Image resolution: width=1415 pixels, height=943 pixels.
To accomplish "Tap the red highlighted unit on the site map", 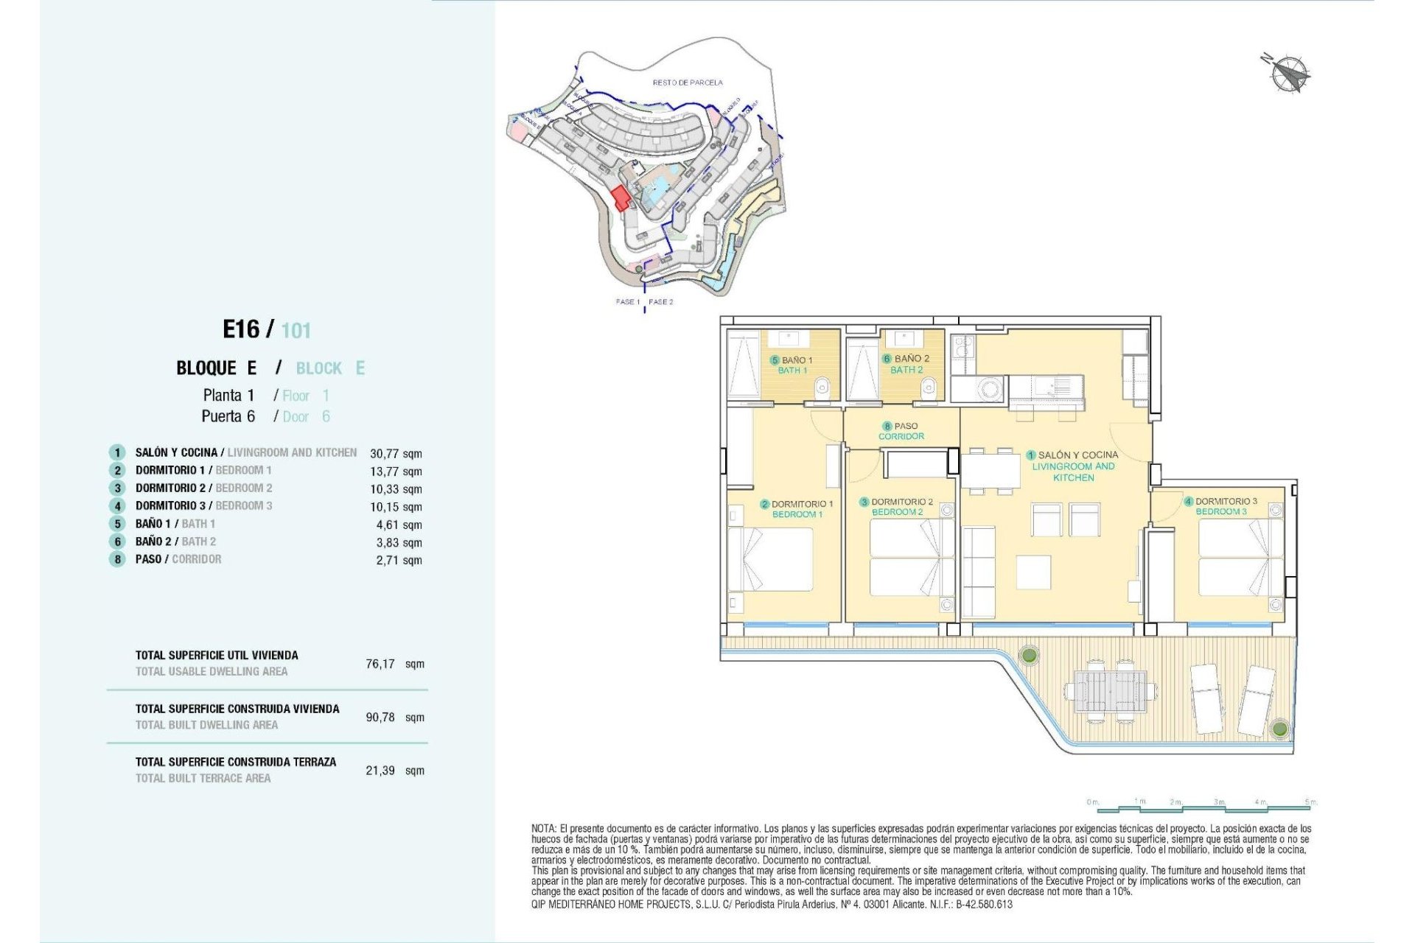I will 621,198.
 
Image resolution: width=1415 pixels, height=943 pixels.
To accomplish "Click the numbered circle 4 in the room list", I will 117,506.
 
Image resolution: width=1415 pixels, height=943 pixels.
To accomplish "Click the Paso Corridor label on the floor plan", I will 901,431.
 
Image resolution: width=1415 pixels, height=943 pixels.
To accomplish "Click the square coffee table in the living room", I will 1033,572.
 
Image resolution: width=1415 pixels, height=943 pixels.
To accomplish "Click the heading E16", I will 241,329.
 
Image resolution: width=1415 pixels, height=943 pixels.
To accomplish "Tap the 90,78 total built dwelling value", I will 380,717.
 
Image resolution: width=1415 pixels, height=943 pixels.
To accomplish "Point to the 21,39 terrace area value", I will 380,771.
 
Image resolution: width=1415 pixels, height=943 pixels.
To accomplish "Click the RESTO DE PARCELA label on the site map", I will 688,83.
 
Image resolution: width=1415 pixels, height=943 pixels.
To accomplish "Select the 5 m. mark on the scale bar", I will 1310,802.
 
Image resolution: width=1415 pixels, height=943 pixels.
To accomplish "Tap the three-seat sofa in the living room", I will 979,572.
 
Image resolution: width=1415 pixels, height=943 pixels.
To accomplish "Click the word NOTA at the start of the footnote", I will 544,829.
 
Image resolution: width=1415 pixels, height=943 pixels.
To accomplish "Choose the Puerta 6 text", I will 228,416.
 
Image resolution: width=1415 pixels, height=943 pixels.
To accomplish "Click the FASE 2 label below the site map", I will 661,302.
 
